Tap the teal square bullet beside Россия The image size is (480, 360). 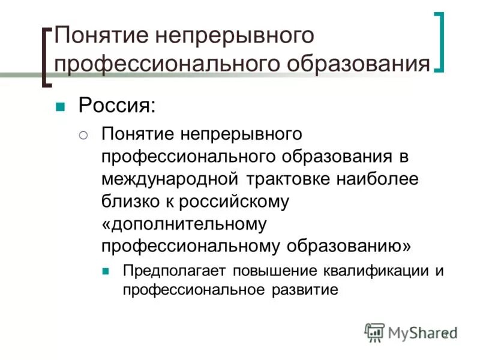tap(59, 108)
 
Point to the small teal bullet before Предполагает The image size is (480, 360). tap(106, 271)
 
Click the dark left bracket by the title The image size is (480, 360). tap(46, 58)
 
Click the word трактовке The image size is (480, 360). tap(287, 179)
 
